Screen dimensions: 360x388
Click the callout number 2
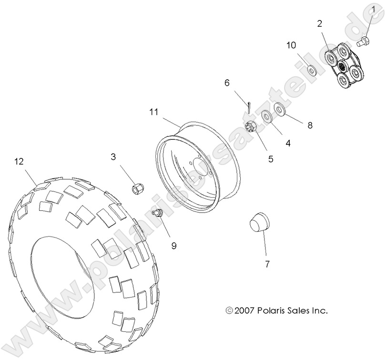tap(320, 23)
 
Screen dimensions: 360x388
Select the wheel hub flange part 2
tap(347, 66)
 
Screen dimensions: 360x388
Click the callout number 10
tap(291, 46)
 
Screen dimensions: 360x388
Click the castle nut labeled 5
tap(252, 127)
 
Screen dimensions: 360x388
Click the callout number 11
tap(153, 112)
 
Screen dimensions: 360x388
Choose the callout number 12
tap(19, 162)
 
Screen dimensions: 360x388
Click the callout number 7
tap(267, 263)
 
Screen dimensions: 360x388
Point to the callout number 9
tap(174, 246)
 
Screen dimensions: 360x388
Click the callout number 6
tap(227, 82)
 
